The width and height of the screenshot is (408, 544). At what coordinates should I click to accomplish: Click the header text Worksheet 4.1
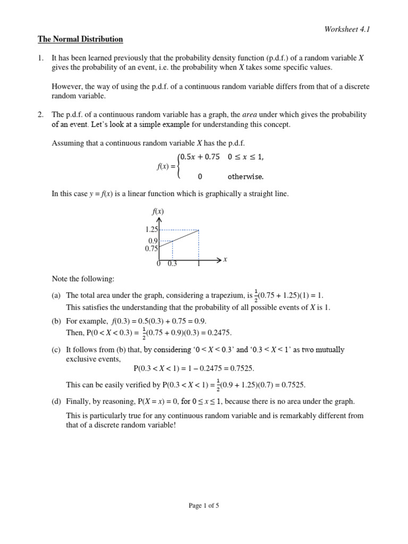[x=347, y=29]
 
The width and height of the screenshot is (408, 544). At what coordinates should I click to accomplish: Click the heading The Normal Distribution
[x=80, y=39]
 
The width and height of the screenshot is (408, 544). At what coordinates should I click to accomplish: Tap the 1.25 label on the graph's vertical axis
[x=151, y=229]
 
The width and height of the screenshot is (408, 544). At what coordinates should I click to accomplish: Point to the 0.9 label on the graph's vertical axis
[x=154, y=240]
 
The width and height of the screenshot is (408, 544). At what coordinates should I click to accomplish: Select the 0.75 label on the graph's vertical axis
[x=151, y=248]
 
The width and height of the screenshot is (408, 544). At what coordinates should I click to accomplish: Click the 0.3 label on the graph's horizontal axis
[x=173, y=264]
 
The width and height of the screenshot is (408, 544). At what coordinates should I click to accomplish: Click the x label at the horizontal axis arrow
[x=225, y=259]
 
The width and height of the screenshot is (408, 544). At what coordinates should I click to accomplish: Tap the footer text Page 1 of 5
[x=204, y=506]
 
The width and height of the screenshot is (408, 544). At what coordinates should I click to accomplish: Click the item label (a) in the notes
[x=56, y=295]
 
